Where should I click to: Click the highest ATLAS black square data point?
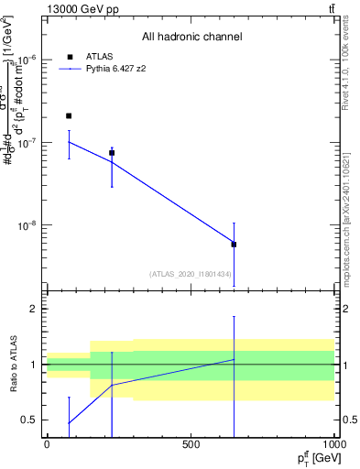click(x=69, y=116)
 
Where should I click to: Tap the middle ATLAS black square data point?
click(x=112, y=153)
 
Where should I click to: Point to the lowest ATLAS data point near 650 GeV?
click(x=234, y=245)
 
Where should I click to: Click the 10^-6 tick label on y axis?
click(x=27, y=60)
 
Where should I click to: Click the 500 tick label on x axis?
click(x=191, y=444)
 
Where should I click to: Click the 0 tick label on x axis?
click(x=47, y=444)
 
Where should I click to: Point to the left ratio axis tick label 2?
click(x=34, y=309)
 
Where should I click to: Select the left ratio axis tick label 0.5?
click(x=30, y=420)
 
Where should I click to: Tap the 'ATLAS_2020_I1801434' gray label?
click(x=191, y=274)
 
